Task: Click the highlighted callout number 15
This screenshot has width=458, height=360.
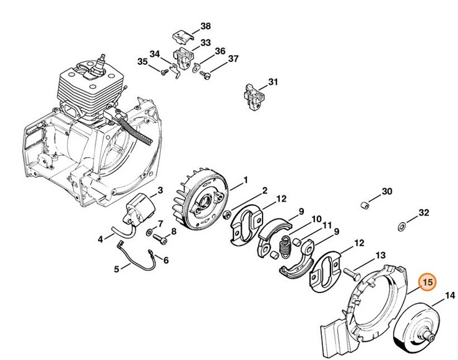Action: (428, 283)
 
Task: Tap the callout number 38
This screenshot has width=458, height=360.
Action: (205, 26)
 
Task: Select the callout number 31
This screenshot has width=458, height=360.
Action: (273, 82)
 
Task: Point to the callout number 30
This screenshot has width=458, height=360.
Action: (387, 192)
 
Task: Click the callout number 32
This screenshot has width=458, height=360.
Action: (423, 213)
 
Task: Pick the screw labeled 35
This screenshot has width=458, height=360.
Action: (165, 72)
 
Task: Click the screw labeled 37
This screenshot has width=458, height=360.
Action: (207, 75)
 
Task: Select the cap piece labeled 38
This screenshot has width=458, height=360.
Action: (182, 36)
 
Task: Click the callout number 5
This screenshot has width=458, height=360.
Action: (116, 268)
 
